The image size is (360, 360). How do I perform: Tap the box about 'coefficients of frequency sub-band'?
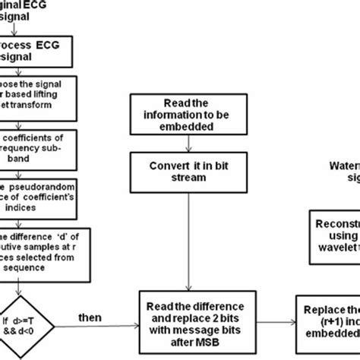38,149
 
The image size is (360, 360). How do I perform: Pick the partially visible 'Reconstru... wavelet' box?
334,229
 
